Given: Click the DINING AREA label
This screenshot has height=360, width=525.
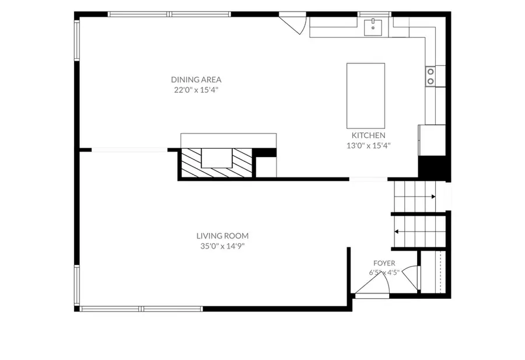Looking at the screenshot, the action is point(196,80).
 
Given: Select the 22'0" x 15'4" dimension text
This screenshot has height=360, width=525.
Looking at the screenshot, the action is point(196,90).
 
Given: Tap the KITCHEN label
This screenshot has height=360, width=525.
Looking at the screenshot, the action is point(368,135).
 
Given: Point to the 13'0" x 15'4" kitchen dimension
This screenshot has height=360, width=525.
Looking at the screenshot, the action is point(368,146).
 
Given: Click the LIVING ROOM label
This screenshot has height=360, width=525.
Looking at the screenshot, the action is point(222,236).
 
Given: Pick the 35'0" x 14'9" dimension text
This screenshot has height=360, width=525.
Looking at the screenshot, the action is point(222,246).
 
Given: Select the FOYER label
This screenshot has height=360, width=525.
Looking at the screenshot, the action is point(384,263).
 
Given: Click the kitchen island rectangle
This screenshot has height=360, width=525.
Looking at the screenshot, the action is point(366,96).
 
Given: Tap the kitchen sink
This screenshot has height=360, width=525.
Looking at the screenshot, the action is point(373,27).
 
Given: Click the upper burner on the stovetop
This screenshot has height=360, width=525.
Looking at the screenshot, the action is point(430,72).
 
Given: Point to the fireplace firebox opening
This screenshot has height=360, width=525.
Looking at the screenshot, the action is point(216,158).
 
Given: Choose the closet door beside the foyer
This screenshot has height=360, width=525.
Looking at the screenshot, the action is point(411,278).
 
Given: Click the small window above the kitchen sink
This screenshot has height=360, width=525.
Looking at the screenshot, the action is point(374,14).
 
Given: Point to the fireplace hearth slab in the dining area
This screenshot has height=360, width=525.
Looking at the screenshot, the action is point(228,141).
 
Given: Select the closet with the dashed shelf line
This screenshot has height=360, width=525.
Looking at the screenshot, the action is point(433,272).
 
